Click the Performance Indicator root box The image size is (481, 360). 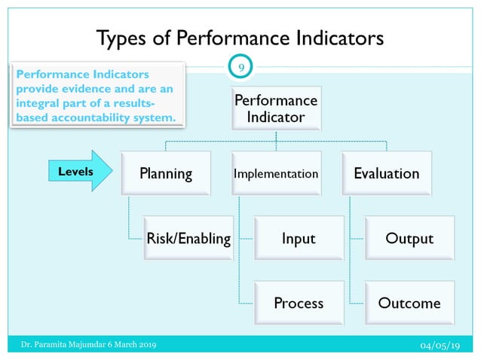tap(276, 108)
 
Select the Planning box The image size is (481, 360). tap(165, 174)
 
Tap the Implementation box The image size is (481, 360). tap(276, 174)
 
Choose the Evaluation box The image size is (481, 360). tap(387, 174)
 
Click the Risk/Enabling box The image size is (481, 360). tap(188, 239)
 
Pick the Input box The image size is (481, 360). tap(299, 239)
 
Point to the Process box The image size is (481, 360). tap(299, 304)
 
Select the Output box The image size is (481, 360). tap(409, 239)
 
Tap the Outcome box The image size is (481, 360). tap(409, 304)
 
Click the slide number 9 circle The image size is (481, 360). tap(240, 69)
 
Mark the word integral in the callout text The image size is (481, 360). tap(39, 104)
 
